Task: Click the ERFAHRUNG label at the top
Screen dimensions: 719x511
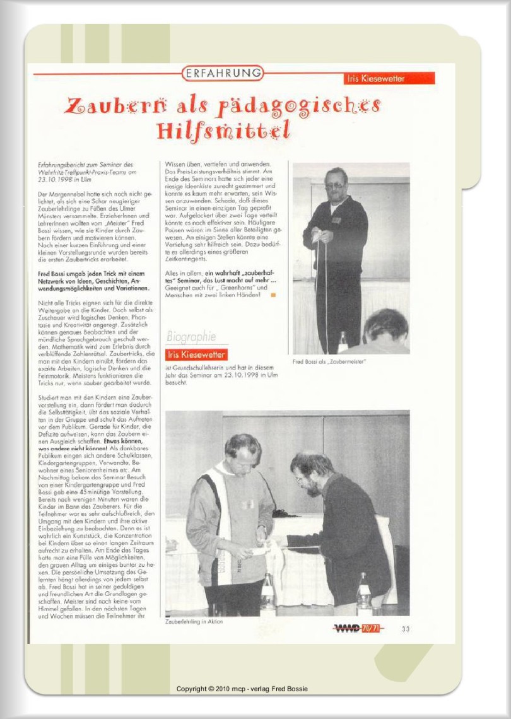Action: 223,74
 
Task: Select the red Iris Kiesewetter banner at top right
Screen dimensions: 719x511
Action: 389,79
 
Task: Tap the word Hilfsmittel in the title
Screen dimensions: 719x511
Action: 223,131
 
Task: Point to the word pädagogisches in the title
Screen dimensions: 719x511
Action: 299,106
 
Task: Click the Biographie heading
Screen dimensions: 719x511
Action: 191,337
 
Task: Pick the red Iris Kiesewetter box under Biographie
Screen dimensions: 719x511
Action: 196,354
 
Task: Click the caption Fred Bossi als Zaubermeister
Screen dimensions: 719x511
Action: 329,362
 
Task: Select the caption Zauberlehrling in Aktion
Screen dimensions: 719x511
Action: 194,621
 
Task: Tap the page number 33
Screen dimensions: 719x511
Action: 405,628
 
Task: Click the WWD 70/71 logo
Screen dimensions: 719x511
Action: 357,628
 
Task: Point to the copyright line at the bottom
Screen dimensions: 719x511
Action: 242,689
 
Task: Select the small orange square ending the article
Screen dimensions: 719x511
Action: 273,295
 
